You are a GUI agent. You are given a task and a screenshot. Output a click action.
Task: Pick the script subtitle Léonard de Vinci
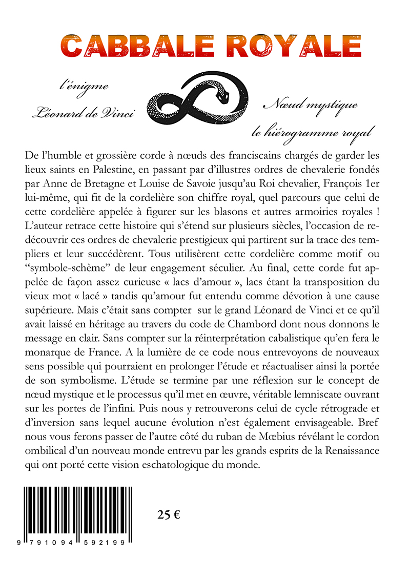click(x=83, y=113)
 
